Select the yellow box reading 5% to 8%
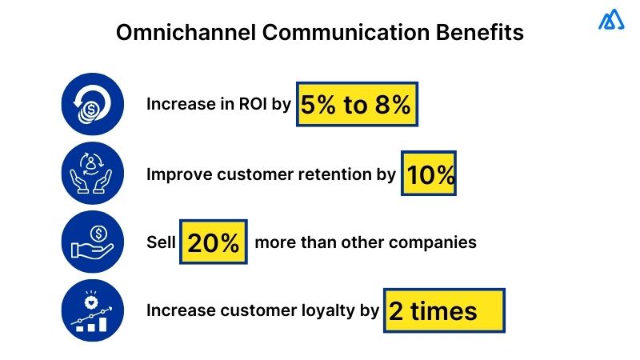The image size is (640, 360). pyautogui.click(x=357, y=104)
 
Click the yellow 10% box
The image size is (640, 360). pyautogui.click(x=429, y=174)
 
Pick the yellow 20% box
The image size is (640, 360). pyautogui.click(x=213, y=242)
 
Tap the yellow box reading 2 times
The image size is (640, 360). pyautogui.click(x=444, y=310)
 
